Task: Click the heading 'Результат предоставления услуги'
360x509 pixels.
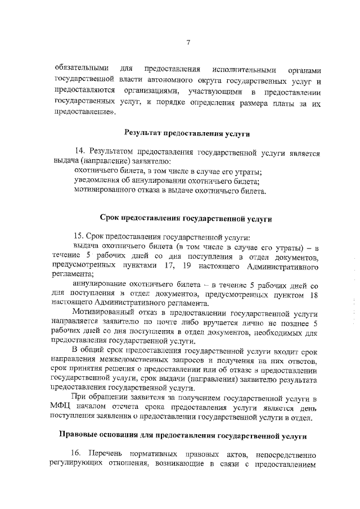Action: [187, 133]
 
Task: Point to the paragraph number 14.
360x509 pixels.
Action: [80, 152]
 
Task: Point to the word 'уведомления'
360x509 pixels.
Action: [98, 181]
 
